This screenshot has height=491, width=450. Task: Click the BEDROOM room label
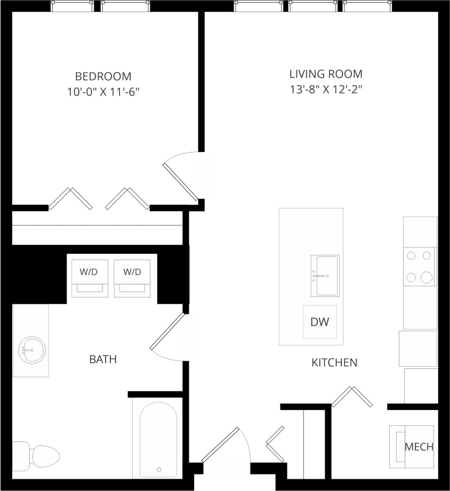click(103, 76)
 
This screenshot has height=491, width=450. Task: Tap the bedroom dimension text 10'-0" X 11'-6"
click(103, 92)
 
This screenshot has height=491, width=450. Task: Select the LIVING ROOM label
click(326, 74)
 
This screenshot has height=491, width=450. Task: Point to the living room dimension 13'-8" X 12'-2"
click(326, 90)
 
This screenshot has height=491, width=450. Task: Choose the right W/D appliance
click(132, 277)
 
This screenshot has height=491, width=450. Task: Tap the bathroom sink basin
click(31, 350)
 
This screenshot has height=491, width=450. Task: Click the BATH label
click(103, 360)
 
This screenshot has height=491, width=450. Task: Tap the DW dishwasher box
click(320, 322)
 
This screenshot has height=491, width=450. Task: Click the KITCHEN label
click(334, 363)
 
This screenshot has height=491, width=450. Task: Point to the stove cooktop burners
click(419, 267)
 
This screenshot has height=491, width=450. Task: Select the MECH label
click(419, 447)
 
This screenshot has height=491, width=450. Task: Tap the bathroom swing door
click(168, 336)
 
